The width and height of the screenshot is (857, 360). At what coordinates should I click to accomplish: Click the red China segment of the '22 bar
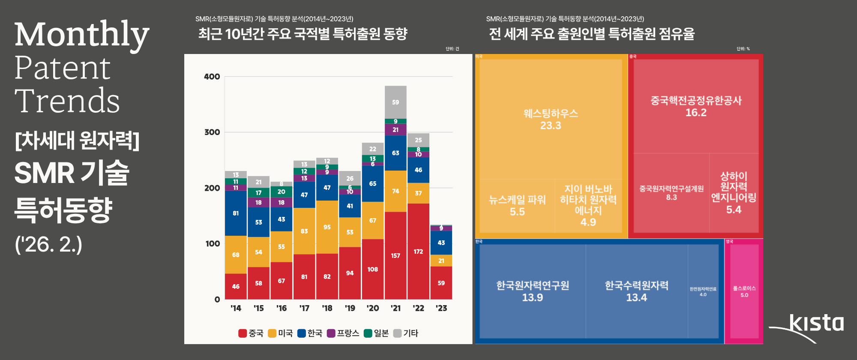[418, 251]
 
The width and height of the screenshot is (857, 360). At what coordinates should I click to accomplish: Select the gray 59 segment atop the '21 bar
[396, 102]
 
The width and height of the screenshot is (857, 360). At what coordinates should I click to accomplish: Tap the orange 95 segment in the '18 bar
[327, 227]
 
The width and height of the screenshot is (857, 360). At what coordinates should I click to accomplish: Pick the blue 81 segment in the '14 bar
[236, 213]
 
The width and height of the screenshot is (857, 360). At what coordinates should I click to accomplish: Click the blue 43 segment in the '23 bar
[441, 243]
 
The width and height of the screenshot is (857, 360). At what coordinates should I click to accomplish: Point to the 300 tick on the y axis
[212, 132]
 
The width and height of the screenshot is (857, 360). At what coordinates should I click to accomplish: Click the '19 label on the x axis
[350, 308]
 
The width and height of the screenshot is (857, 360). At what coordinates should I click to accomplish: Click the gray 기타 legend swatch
[397, 333]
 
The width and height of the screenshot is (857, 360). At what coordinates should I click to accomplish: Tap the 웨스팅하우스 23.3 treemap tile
[551, 119]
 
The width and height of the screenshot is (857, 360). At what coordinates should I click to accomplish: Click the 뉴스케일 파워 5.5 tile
[517, 206]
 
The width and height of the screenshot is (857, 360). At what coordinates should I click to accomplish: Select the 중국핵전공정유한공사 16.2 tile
[696, 106]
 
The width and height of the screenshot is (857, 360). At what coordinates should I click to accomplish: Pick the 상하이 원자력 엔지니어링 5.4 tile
[734, 193]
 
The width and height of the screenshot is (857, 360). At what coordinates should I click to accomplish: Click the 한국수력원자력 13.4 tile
[636, 291]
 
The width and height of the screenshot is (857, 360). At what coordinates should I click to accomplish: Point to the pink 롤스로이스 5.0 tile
[744, 291]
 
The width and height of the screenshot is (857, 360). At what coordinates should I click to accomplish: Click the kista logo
[814, 324]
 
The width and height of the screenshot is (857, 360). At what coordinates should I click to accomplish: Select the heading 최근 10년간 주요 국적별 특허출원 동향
[303, 33]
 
